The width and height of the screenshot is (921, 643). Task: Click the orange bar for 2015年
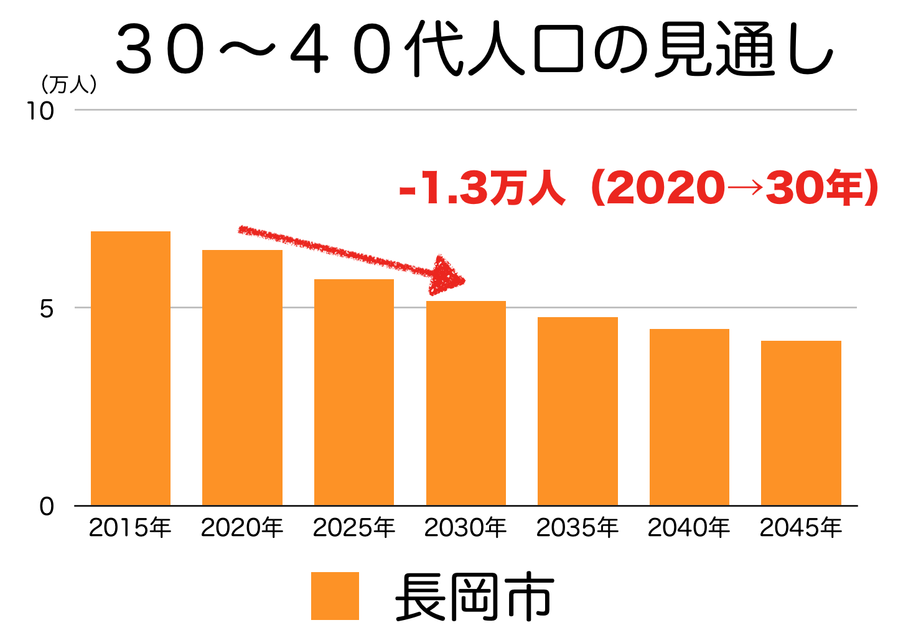tap(131, 368)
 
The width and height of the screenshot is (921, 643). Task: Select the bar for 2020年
tap(242, 377)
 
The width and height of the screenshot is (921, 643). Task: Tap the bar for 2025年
tap(354, 392)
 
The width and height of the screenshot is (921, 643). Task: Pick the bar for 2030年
tap(465, 403)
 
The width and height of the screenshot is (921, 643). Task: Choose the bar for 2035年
tap(577, 411)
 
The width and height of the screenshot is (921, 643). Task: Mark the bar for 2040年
tap(689, 417)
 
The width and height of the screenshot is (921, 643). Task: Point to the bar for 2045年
tap(801, 423)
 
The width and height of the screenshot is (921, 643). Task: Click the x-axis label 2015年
tap(130, 528)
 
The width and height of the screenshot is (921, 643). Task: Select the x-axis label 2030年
tap(465, 528)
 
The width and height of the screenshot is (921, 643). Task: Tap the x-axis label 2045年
tap(801, 528)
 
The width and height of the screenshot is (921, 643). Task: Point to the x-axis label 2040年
tap(689, 528)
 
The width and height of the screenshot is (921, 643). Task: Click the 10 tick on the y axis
tap(40, 111)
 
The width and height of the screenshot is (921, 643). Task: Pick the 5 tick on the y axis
tap(47, 308)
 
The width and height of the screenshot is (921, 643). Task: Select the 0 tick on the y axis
tap(47, 507)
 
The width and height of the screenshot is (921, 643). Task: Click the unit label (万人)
tap(68, 85)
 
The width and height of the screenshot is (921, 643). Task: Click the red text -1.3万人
tap(482, 188)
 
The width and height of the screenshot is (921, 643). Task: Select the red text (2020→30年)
tap(734, 188)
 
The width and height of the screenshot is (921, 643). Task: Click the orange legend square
tap(335, 596)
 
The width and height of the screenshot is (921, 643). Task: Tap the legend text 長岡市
tap(474, 597)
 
